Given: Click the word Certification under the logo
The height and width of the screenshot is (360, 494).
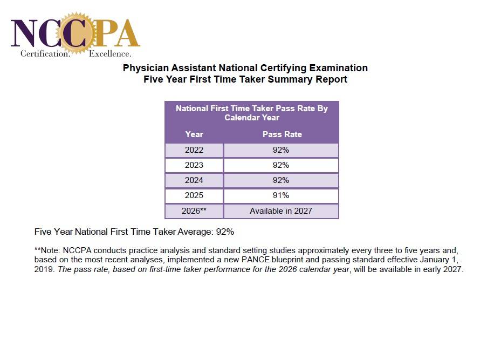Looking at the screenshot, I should coord(45,54).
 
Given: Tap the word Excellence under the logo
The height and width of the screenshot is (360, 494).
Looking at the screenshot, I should coord(109,54).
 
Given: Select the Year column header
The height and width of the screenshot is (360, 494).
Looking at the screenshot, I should coord(194,134).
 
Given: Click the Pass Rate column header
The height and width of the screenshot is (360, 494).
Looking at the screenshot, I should coord(282,134).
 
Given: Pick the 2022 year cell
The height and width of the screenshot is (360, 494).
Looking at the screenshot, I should coord(194,150).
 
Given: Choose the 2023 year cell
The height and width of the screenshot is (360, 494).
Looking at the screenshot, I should coord(194,165).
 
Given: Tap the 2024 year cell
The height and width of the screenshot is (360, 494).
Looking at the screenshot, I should coord(194,180).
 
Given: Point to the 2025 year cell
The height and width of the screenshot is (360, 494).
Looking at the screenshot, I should coord(194,195).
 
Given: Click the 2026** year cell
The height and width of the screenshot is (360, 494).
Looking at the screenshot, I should coord(194,211).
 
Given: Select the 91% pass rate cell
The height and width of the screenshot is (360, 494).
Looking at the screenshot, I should coord(281,195).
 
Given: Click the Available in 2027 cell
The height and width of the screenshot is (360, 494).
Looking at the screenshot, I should coord(281,211).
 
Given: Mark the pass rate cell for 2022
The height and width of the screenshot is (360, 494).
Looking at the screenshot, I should coord(281,150).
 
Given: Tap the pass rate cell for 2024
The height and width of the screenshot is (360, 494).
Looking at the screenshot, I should coord(281,180).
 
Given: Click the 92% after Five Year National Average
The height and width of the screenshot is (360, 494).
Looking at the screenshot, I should coord(225,232).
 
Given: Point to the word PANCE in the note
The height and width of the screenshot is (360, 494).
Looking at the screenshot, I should coord(253,260).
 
